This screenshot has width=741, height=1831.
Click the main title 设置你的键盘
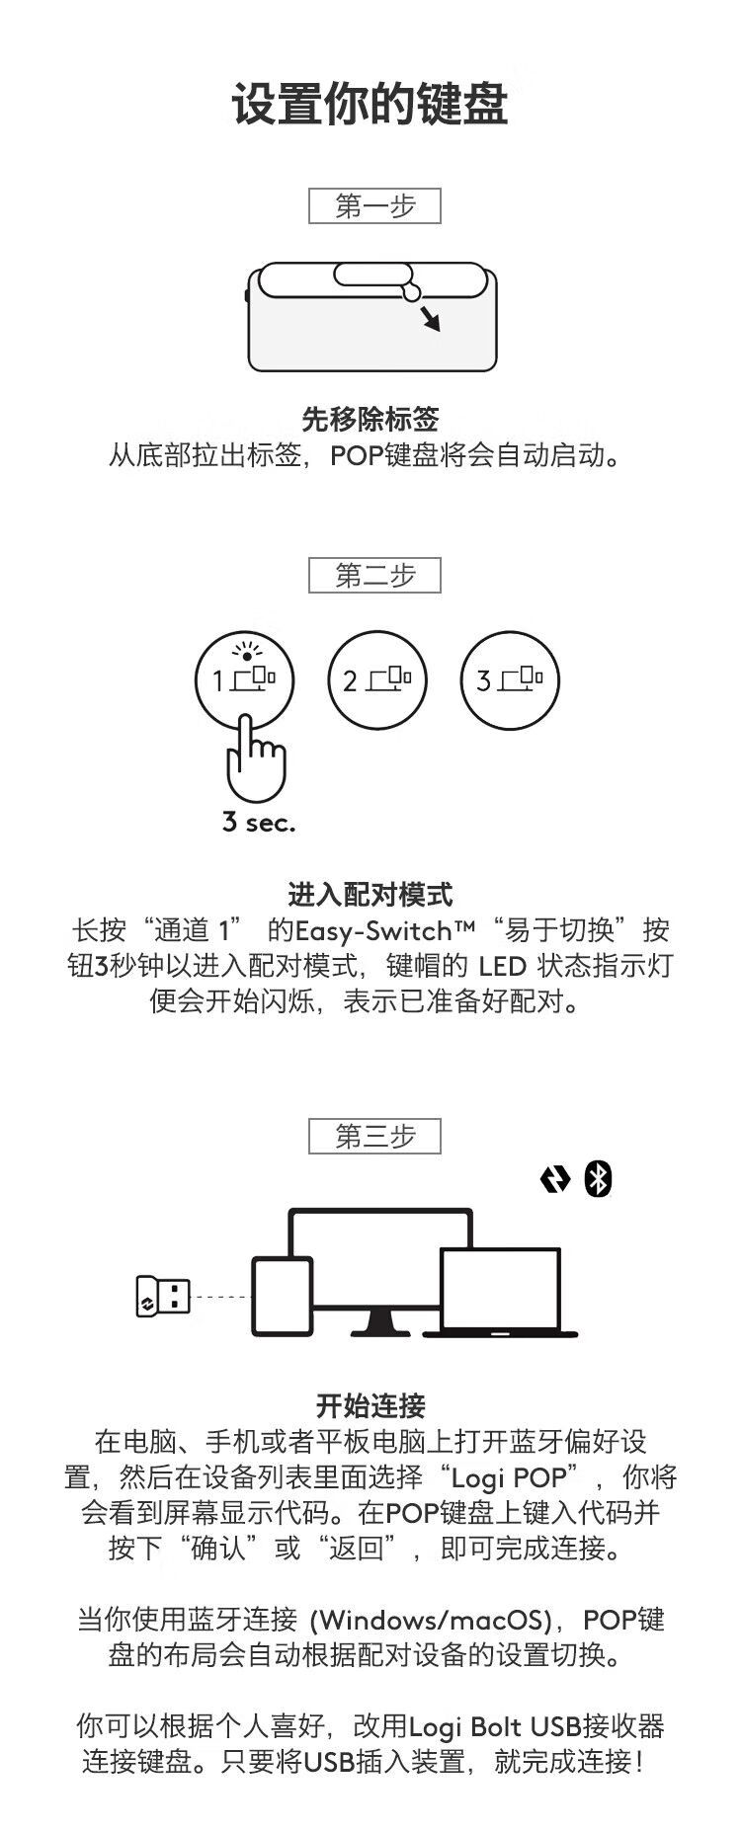(370, 105)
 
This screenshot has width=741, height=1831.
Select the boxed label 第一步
(374, 206)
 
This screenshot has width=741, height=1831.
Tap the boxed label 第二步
(374, 576)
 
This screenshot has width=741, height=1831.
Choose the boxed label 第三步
(374, 1137)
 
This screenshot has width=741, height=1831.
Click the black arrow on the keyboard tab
(430, 318)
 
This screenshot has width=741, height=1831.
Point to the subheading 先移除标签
(370, 420)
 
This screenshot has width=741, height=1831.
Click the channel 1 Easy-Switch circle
(245, 680)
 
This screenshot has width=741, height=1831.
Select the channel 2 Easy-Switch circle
(376, 680)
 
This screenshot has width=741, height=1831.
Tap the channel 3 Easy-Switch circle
(509, 680)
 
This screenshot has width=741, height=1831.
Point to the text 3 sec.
(259, 822)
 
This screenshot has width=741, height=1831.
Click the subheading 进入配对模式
(370, 895)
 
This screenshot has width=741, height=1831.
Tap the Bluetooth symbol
(598, 1179)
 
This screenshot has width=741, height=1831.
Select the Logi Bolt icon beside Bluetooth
(555, 1179)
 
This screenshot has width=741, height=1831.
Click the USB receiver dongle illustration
(162, 1296)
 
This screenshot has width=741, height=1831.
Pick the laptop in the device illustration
(501, 1294)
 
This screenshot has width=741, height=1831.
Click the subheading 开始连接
(370, 1405)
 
